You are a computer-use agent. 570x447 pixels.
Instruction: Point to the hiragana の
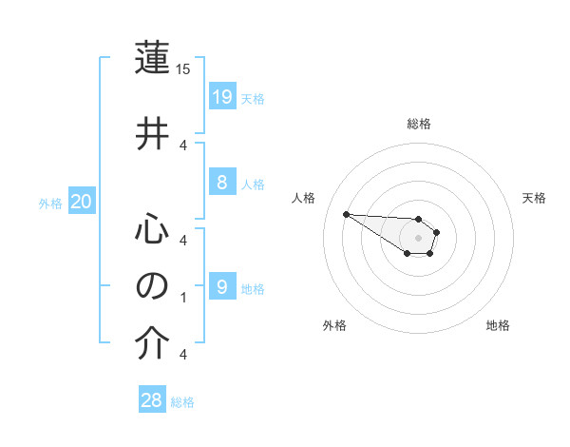click(153, 285)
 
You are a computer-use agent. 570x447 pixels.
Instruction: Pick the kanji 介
click(153, 342)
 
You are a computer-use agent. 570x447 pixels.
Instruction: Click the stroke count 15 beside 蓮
click(184, 69)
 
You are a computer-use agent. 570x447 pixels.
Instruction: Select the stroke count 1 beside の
click(183, 298)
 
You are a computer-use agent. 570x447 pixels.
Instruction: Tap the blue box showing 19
click(221, 96)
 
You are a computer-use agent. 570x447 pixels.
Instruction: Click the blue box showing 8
click(221, 184)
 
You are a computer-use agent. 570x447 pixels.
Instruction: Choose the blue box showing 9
click(221, 287)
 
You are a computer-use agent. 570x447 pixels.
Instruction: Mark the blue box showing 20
click(82, 201)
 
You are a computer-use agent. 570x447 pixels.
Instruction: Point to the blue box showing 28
click(152, 400)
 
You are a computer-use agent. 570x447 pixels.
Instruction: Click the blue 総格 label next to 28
click(182, 402)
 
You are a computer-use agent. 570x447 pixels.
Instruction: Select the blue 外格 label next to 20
click(50, 203)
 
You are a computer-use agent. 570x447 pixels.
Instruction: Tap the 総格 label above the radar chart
click(418, 124)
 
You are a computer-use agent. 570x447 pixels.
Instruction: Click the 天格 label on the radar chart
click(534, 198)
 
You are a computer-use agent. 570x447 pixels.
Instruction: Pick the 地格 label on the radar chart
click(498, 325)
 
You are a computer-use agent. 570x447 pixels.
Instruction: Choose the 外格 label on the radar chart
click(334, 325)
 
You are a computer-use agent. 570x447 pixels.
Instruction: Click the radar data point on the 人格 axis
click(347, 214)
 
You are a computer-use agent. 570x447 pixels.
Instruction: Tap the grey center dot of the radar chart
click(418, 237)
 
